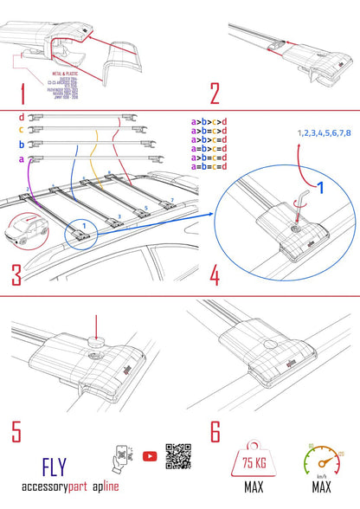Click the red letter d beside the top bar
(21, 117)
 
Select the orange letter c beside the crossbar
(21, 131)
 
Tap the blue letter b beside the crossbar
(21, 145)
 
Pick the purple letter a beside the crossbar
(21, 159)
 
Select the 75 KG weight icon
(253, 461)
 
